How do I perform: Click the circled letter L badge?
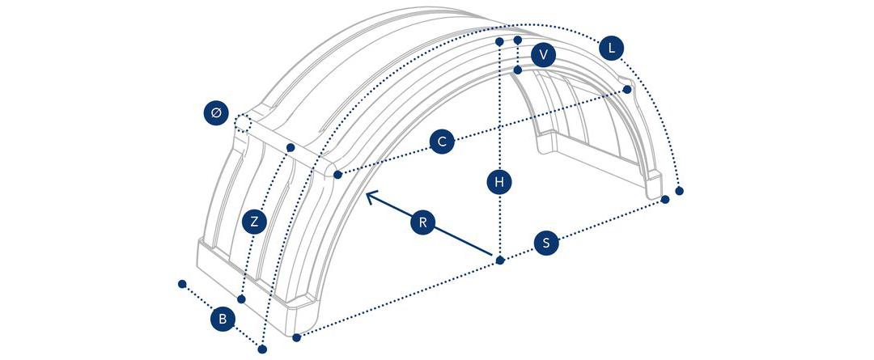click(612, 49)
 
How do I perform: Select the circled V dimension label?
click(544, 55)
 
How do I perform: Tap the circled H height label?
click(499, 182)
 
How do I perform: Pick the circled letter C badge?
click(442, 142)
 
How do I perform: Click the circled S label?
click(546, 243)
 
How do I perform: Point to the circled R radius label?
click(422, 222)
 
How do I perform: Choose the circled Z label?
click(255, 222)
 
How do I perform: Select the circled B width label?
click(223, 320)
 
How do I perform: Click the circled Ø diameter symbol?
click(216, 113)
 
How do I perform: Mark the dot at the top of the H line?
click(499, 42)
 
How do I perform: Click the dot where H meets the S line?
click(500, 260)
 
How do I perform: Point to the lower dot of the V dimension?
click(518, 70)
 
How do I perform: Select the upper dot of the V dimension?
click(518, 40)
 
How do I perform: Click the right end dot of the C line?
click(627, 89)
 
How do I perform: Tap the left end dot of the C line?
click(337, 175)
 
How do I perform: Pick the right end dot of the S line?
click(665, 200)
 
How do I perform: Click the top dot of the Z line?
click(291, 147)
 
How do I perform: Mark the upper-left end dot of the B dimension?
click(182, 284)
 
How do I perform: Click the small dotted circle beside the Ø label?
click(242, 122)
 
